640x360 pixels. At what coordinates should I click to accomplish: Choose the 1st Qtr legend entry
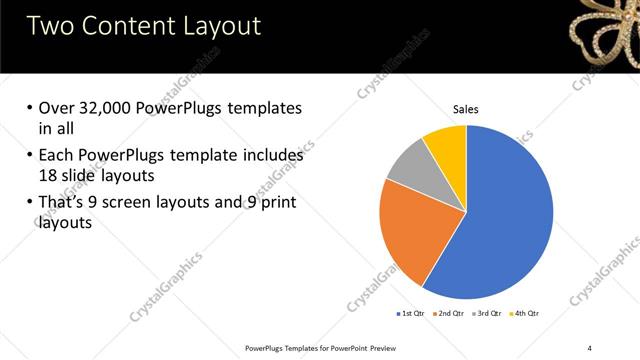[410, 315]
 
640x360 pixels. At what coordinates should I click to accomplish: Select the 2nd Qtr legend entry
[449, 315]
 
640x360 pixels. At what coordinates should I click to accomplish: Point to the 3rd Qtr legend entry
[487, 315]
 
